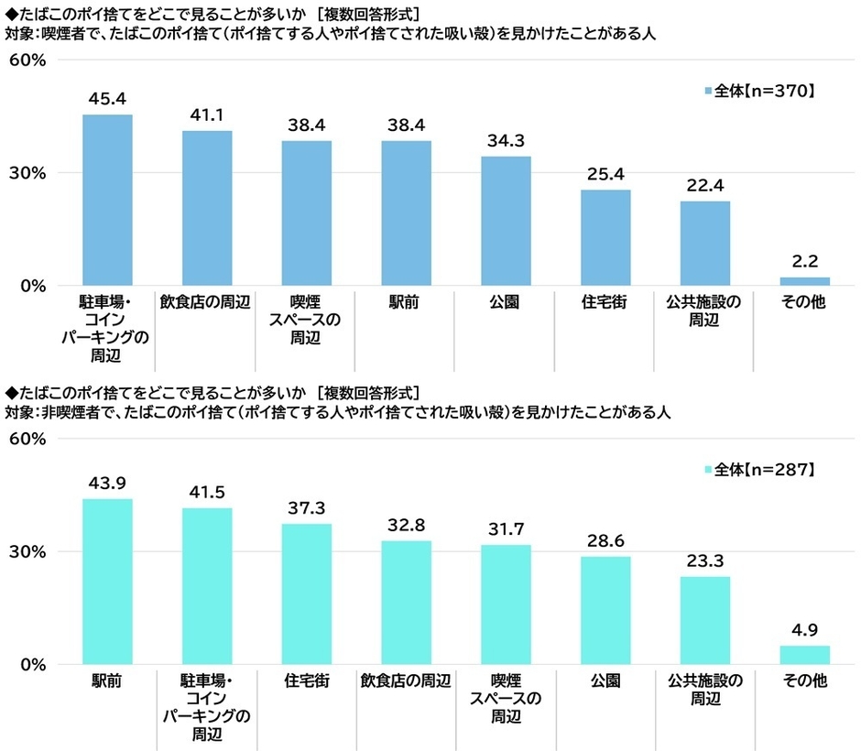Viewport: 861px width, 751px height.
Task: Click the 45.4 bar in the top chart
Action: point(107,200)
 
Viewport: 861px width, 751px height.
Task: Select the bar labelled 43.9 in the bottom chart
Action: point(107,582)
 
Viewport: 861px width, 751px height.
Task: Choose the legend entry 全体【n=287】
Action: point(758,470)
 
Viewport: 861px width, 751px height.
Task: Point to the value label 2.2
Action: point(804,260)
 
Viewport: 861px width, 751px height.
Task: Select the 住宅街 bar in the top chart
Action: point(605,237)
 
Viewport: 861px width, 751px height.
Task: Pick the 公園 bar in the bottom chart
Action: point(605,610)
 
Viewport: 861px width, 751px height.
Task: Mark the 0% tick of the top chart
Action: point(32,286)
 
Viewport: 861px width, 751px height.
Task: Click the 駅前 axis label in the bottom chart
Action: point(107,681)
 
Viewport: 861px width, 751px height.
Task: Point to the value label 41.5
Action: point(206,493)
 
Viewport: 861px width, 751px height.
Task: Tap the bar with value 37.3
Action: point(306,593)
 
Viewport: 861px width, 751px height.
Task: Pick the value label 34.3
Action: point(506,141)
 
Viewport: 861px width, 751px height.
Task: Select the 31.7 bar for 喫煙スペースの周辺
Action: point(506,604)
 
